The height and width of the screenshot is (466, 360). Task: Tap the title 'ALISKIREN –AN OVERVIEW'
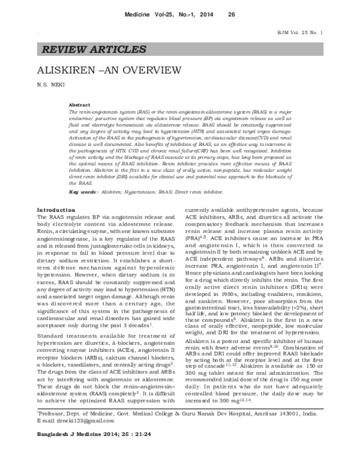[104, 70]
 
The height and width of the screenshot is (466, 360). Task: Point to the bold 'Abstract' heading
[80, 104]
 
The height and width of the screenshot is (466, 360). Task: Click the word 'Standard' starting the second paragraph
[49, 335]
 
